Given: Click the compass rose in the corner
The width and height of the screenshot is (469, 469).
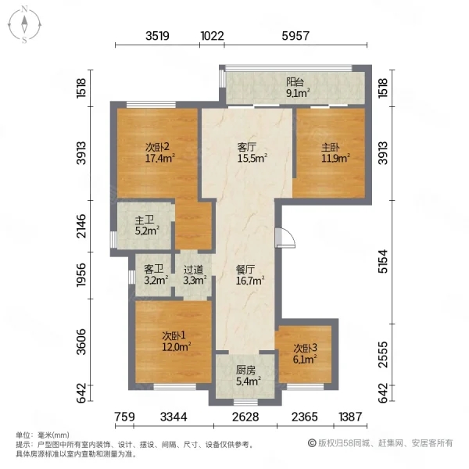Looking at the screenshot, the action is (x=24, y=24).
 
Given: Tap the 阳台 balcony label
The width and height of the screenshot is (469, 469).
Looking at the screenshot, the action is (x=295, y=82).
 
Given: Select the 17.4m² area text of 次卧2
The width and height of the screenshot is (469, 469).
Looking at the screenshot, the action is (x=160, y=158).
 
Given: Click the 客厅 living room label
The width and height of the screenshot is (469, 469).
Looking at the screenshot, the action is (x=246, y=147).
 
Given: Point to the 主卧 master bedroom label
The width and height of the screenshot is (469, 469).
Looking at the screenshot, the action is (x=330, y=147).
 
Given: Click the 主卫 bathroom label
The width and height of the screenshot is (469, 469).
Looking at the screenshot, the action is (x=145, y=220).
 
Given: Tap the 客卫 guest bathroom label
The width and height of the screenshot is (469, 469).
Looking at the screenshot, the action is (x=153, y=269).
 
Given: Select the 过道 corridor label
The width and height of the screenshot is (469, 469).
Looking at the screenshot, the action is (x=193, y=270).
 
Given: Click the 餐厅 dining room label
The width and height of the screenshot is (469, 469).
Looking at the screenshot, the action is (x=245, y=270).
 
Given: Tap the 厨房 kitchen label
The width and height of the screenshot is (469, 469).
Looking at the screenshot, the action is (x=245, y=371).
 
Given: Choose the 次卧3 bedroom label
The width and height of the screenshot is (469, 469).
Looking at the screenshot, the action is (x=305, y=348).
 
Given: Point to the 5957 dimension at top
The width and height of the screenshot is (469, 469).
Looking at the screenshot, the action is (x=295, y=36).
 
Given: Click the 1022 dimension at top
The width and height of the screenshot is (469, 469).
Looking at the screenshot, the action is (x=212, y=36).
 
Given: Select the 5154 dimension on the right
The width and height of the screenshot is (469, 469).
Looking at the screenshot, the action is (x=383, y=261).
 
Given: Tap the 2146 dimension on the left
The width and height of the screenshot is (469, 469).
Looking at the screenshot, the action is (x=81, y=226).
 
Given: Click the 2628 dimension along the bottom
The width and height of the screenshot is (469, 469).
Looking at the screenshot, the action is (x=245, y=417).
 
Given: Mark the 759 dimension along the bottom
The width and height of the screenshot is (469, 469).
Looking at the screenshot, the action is (x=125, y=417).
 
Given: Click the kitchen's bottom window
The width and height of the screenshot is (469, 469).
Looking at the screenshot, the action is (x=245, y=402).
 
